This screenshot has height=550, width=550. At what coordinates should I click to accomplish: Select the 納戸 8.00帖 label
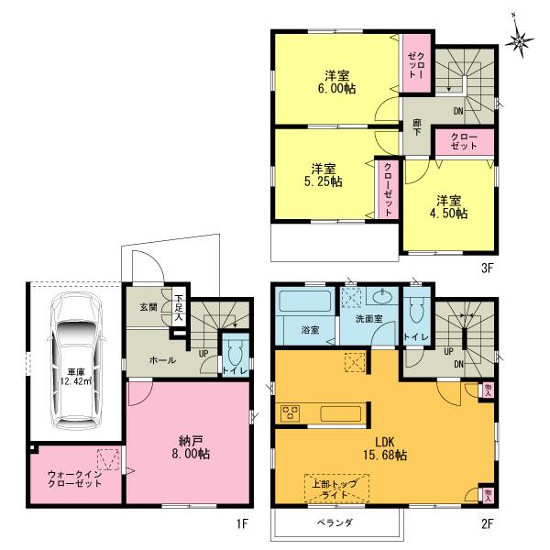click(x=191, y=445)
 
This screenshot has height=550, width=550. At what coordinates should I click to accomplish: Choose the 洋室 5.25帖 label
click(x=323, y=174)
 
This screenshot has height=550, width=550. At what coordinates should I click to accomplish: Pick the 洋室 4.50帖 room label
click(x=448, y=206)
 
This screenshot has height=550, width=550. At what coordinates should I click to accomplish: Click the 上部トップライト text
click(x=336, y=489)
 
